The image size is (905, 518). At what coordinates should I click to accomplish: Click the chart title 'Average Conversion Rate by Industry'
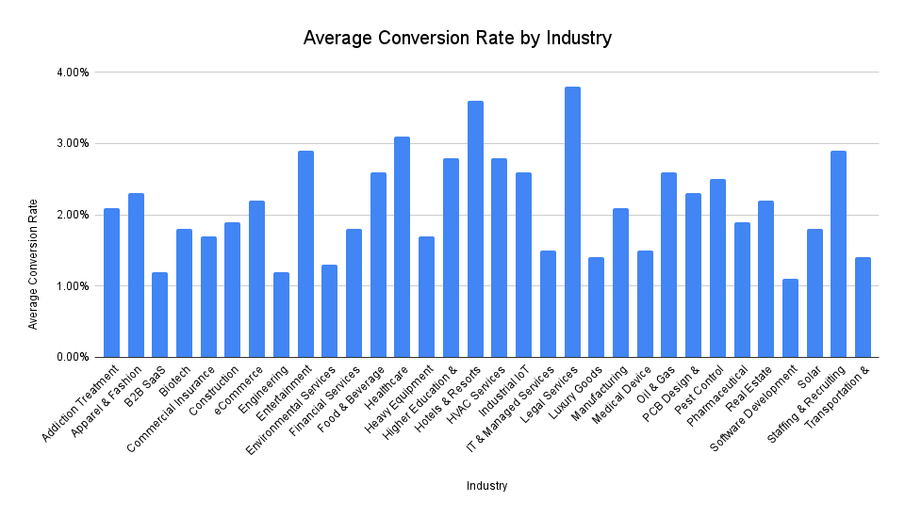click(x=457, y=39)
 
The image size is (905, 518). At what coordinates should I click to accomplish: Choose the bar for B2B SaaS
click(x=160, y=315)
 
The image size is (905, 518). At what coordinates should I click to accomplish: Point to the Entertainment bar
click(x=305, y=254)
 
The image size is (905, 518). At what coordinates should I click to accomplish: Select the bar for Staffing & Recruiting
click(x=838, y=254)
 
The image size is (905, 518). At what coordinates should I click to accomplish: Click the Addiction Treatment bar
click(x=111, y=283)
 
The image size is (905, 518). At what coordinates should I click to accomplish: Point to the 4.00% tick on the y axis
click(x=71, y=73)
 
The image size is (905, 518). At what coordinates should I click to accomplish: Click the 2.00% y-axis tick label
click(x=71, y=215)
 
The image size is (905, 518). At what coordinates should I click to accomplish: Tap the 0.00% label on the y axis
click(x=71, y=357)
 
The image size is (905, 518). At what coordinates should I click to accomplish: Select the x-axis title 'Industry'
click(x=487, y=486)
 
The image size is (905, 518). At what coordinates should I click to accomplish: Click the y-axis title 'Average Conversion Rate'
click(x=33, y=263)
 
